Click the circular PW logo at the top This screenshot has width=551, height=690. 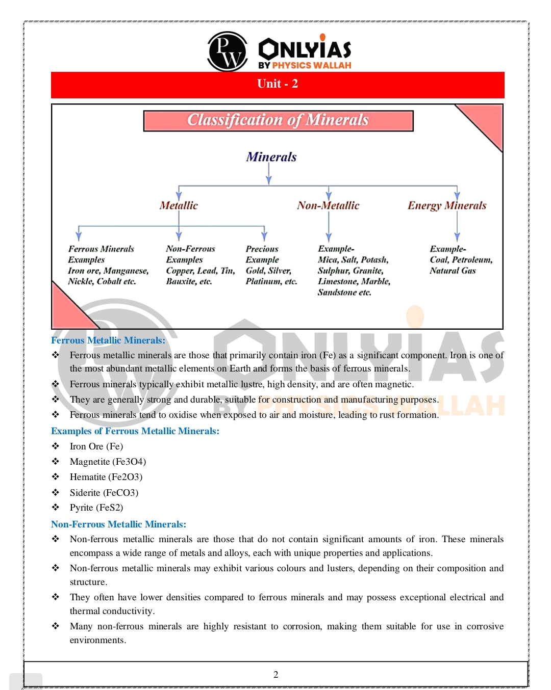point(227,51)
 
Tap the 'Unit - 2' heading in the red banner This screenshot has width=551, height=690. point(278,84)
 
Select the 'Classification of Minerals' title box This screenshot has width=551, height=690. point(278,121)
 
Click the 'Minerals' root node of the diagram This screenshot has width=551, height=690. point(271,157)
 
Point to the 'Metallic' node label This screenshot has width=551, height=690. point(179,205)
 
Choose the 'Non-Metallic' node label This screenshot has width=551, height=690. point(328,205)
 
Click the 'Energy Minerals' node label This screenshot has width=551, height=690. point(446,205)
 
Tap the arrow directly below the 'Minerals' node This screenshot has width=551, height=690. point(269,176)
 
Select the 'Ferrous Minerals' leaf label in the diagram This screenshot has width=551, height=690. point(101,249)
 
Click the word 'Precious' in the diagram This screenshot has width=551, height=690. point(262,249)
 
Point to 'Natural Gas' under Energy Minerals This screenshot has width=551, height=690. point(453,271)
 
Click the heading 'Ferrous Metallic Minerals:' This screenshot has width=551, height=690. point(108,340)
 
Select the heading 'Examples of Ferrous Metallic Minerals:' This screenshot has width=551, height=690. point(135,431)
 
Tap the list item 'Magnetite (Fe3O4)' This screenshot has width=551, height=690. point(108,462)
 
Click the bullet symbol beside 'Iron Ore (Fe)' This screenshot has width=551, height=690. point(56,446)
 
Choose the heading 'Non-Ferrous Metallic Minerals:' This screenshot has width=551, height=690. point(118,524)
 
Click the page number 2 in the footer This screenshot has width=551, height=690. point(276,675)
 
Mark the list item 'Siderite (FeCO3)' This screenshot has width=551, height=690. point(104,493)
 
